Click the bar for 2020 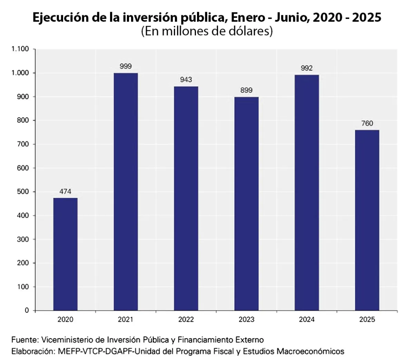65,254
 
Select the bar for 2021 126,192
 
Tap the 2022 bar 186,198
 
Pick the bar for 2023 246,203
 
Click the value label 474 65,191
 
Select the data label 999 126,66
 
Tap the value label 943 186,80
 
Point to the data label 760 367,123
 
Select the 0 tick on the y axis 27,310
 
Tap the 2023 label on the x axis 246,320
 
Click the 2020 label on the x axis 65,320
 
